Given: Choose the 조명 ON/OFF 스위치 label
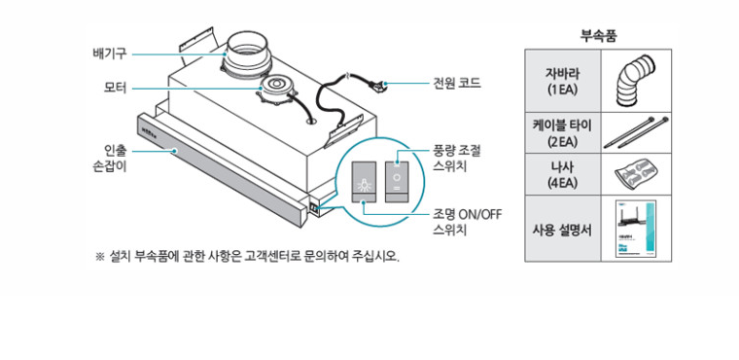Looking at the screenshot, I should [x=467, y=221].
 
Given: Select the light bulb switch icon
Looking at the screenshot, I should [x=365, y=182].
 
